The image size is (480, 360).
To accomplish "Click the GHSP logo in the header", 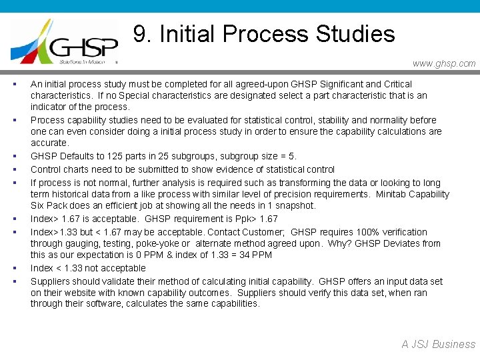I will point(65,42).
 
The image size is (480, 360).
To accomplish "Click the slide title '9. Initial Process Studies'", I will point(264,33).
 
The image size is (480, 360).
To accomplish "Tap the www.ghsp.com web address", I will point(444,63).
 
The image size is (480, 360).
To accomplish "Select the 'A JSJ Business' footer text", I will point(438,344).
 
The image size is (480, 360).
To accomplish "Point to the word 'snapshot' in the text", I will point(295,205).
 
